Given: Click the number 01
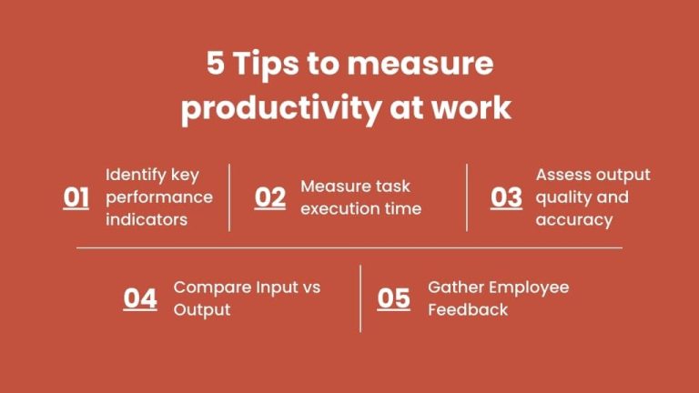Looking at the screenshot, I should [x=76, y=197].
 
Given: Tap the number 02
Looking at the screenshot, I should [x=270, y=197].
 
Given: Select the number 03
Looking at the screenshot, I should [x=507, y=197].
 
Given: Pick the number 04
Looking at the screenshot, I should [x=140, y=298].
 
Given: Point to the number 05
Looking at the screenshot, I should [x=394, y=298].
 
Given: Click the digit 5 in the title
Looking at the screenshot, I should [x=214, y=65].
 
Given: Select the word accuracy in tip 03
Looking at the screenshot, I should [x=574, y=220].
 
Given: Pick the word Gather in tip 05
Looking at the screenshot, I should [x=456, y=287].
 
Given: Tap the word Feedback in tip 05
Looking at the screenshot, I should [x=468, y=309].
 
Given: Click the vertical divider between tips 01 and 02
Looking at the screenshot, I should [x=229, y=197].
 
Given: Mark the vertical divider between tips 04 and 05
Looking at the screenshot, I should [x=360, y=298].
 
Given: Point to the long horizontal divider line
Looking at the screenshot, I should [x=349, y=247].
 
